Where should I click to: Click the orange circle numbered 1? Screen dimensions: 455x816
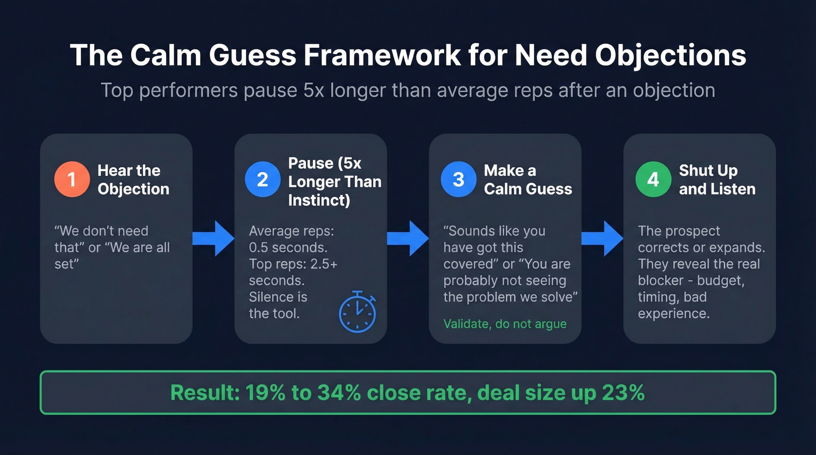[71, 179]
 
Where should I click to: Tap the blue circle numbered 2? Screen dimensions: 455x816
[262, 179]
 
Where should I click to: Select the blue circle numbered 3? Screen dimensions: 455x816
[458, 179]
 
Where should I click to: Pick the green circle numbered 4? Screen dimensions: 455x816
[653, 179]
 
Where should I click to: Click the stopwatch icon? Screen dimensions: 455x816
[357, 312]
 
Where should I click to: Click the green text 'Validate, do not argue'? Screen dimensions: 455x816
[505, 324]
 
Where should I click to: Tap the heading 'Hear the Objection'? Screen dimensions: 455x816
[133, 179]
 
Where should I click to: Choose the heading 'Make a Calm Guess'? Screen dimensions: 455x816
[528, 179]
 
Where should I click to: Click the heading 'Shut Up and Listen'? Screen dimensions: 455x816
[717, 179]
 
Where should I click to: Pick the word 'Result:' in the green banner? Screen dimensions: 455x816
[203, 393]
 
